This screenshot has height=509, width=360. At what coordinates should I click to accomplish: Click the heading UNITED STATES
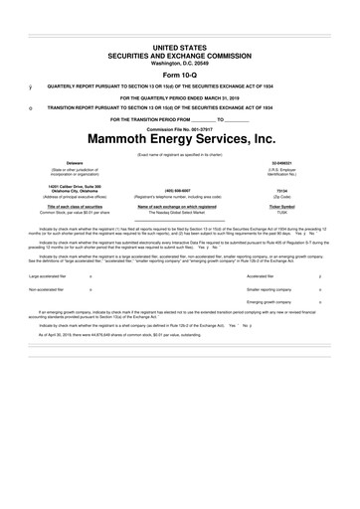pyautogui.click(x=179, y=48)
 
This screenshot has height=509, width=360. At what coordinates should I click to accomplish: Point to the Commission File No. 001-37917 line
pyautogui.click(x=179, y=127)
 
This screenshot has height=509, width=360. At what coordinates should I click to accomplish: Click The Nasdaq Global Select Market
pyautogui.click(x=179, y=213)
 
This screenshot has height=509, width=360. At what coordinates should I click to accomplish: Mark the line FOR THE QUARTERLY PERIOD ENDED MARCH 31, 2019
pyautogui.click(x=179, y=97)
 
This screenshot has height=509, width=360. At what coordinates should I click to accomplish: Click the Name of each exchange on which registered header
pyautogui.click(x=179, y=206)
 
